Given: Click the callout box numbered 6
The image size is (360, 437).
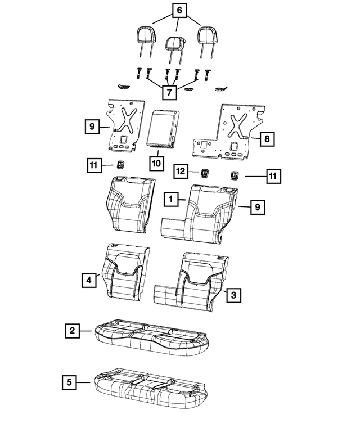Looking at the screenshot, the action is [x=179, y=11].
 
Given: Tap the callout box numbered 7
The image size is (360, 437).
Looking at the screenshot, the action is [x=169, y=92].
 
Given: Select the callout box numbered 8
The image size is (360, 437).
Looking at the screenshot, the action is [x=267, y=139].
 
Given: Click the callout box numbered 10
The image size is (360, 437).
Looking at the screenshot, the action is [x=156, y=163].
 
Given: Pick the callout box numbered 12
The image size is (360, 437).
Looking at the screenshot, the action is [x=181, y=171].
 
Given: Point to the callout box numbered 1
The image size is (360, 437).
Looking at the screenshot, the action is [x=171, y=199].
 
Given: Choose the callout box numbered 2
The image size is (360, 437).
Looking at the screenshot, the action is [x=73, y=331].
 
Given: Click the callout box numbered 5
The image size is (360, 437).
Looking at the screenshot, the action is [x=69, y=382].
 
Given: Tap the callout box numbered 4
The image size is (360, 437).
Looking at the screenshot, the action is [x=89, y=280].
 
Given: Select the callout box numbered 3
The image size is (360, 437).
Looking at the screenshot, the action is [x=233, y=295].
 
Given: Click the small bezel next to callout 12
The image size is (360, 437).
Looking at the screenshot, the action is [x=205, y=173].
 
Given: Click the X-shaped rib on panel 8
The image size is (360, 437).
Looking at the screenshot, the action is [x=238, y=125].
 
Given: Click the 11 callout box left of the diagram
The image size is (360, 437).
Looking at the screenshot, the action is [x=94, y=165].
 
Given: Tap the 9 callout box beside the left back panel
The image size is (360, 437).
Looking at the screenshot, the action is [x=92, y=127].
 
